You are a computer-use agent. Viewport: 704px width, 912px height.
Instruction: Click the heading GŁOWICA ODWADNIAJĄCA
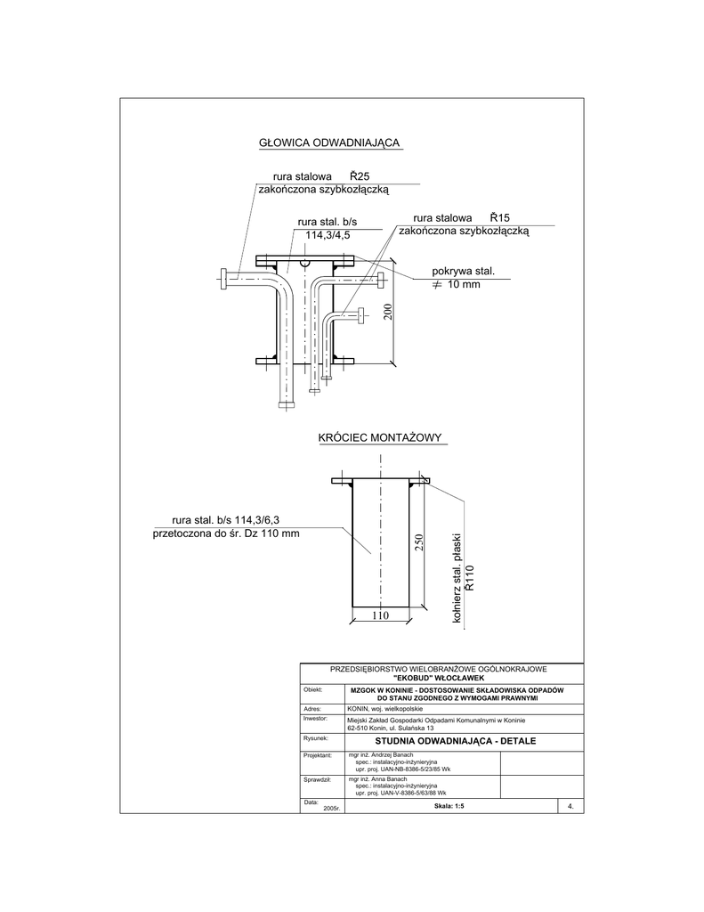pyautogui.click(x=329, y=142)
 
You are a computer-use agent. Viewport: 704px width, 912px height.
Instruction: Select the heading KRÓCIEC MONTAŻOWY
pyautogui.click(x=380, y=437)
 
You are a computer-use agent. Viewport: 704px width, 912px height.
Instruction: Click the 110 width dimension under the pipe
pyautogui.click(x=381, y=615)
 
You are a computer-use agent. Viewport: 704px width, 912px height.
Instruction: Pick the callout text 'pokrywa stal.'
pyautogui.click(x=463, y=271)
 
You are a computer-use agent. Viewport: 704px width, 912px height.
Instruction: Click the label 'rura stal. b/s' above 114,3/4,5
pyautogui.click(x=328, y=222)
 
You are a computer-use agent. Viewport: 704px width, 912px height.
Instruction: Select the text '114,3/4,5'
pyautogui.click(x=328, y=235)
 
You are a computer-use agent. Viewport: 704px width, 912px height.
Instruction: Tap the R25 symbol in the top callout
pyautogui.click(x=360, y=176)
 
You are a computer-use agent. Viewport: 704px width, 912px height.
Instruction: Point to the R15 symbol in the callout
pyautogui.click(x=499, y=217)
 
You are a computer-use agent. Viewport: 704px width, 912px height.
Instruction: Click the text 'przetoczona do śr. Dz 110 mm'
pyautogui.click(x=226, y=533)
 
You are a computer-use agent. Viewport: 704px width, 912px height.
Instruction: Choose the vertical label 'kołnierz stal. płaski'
pyautogui.click(x=457, y=583)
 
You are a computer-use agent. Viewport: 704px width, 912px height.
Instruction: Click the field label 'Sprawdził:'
pyautogui.click(x=318, y=779)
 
